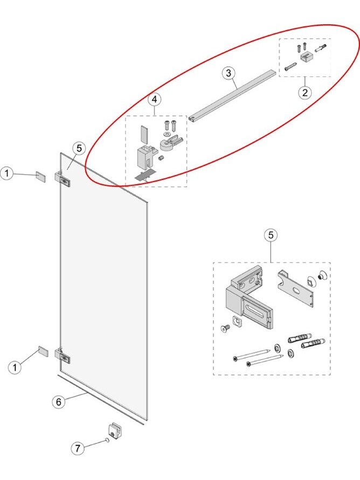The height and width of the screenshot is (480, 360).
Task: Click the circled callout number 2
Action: coord(305,92)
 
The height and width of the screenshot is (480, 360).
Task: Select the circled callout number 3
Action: coord(229,73)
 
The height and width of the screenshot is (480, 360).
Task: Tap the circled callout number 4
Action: coord(154,100)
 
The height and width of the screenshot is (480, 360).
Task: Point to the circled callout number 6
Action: coord(59,402)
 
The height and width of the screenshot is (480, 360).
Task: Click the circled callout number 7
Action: coord(78,448)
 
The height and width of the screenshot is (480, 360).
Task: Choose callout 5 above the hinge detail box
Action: coord(271,235)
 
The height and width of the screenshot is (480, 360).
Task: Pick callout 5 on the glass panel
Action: coord(79,149)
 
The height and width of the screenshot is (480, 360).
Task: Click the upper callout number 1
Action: coord(6,174)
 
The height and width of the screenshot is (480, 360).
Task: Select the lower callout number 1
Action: coord(15,367)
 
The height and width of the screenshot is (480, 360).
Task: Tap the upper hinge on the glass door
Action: coord(63,180)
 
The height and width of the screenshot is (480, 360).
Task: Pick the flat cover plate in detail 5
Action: coord(295,289)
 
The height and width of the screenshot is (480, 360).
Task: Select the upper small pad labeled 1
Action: coord(41,177)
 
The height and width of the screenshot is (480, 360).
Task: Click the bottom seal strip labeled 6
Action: coord(101,398)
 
